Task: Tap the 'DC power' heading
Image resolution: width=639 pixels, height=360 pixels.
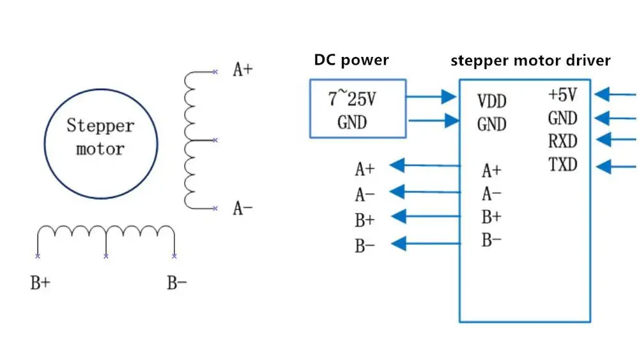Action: click(351, 60)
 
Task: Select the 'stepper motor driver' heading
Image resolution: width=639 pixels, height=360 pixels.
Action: click(530, 61)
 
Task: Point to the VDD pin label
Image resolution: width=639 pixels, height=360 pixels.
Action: click(491, 101)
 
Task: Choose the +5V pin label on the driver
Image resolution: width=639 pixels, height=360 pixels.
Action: click(562, 95)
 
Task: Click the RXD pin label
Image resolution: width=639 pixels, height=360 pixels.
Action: click(562, 141)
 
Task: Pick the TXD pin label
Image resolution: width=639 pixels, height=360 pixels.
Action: click(562, 165)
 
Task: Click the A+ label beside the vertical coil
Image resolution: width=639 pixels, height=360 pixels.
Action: click(242, 70)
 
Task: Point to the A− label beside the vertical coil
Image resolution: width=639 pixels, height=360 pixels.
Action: click(242, 208)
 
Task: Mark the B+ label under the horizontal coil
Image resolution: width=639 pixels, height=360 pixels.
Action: click(40, 283)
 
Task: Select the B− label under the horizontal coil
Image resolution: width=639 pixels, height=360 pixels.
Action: click(177, 283)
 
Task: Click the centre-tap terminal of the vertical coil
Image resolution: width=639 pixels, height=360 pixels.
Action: click(215, 139)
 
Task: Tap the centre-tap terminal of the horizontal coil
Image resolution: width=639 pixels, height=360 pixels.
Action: click(105, 256)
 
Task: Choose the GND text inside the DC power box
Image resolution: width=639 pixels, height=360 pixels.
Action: click(351, 121)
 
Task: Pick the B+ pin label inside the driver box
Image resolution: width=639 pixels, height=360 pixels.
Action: click(491, 217)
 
